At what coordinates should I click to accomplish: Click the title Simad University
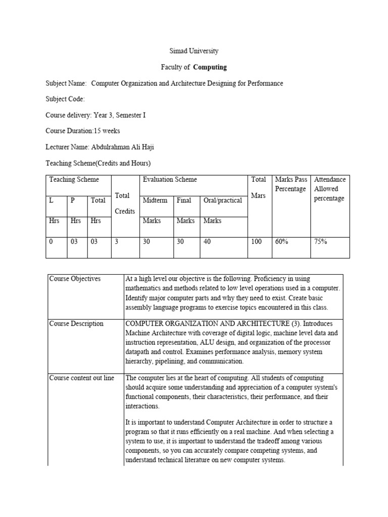click(x=193, y=51)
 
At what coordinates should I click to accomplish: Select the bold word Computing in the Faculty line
click(x=210, y=67)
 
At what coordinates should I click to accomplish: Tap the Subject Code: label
click(x=65, y=99)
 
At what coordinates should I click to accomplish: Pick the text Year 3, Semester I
click(x=119, y=115)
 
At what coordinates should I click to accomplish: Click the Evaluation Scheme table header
click(x=170, y=179)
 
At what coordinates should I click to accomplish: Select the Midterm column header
click(x=155, y=200)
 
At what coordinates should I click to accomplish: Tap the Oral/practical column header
click(x=222, y=200)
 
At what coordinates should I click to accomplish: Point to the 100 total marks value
click(x=257, y=242)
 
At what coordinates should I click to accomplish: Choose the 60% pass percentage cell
click(x=281, y=242)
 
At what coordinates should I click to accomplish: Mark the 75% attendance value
click(x=320, y=242)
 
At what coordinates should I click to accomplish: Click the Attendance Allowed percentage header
click(x=330, y=189)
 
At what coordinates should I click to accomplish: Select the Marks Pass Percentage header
click(x=290, y=184)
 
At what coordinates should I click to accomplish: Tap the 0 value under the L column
click(x=51, y=242)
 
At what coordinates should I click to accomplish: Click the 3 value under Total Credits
click(x=116, y=242)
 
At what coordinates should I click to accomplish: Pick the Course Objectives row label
click(x=75, y=279)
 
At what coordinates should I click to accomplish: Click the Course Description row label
click(x=76, y=324)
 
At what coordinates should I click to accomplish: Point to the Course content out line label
click(x=81, y=378)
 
